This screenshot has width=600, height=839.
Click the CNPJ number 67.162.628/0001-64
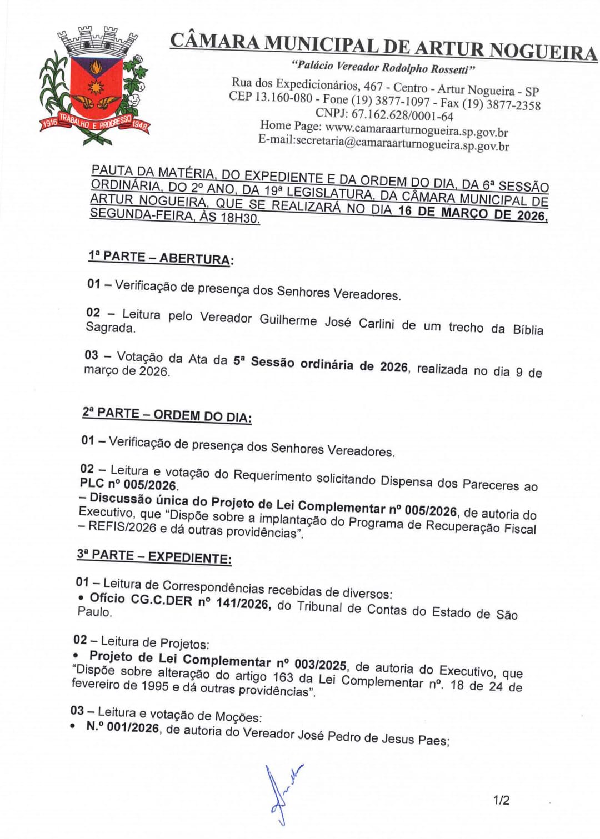pyautogui.click(x=402, y=116)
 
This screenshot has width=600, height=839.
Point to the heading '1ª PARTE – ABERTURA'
pyautogui.click(x=160, y=258)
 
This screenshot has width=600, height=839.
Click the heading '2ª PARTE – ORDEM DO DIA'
pyautogui.click(x=167, y=415)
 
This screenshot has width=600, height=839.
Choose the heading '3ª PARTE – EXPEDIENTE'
pyautogui.click(x=154, y=556)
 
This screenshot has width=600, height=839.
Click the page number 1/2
pyautogui.click(x=501, y=800)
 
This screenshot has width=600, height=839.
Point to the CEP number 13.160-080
pyautogui.click(x=283, y=97)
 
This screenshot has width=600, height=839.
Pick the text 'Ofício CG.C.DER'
pyautogui.click(x=141, y=599)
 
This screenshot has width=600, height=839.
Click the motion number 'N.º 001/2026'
pyautogui.click(x=123, y=727)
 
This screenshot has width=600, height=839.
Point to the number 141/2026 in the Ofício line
pyautogui.click(x=243, y=604)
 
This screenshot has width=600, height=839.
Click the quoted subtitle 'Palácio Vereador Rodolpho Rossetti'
pyautogui.click(x=383, y=68)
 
